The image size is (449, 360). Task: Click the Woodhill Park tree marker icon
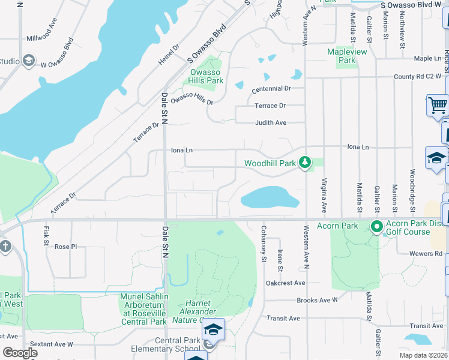(305, 162)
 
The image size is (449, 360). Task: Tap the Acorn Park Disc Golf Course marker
(377, 227)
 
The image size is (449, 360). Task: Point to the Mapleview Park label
(347, 56)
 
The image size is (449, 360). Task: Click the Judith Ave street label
(270, 122)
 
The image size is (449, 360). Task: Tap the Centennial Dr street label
(271, 88)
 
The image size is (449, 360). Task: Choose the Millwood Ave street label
(42, 37)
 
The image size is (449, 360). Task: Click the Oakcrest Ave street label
(286, 283)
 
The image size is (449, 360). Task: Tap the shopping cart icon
(438, 106)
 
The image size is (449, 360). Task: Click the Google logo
(20, 353)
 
